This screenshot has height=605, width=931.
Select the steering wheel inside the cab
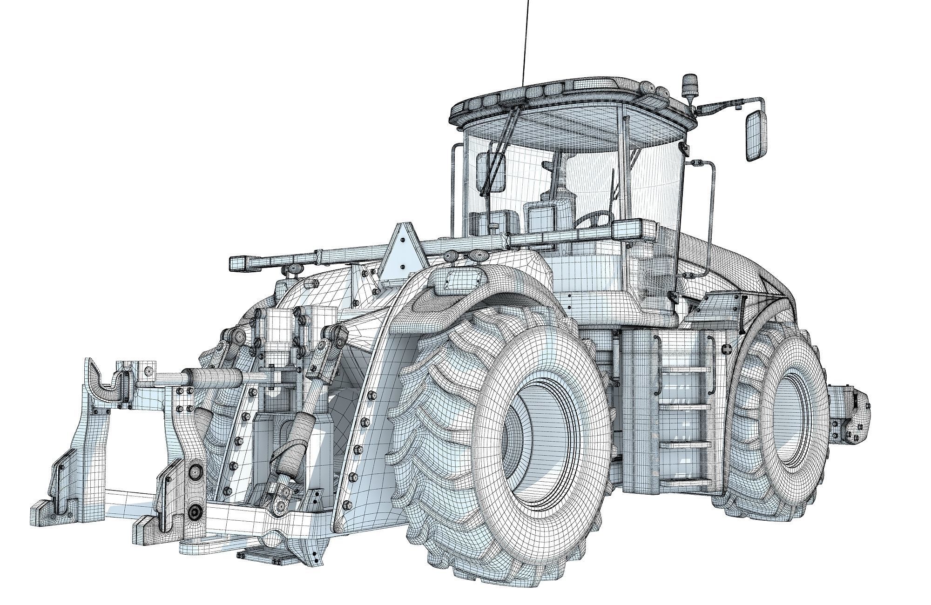pos(594,219)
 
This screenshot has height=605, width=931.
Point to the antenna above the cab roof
pos(526,42)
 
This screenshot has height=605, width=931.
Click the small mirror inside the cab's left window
pos(491,172)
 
